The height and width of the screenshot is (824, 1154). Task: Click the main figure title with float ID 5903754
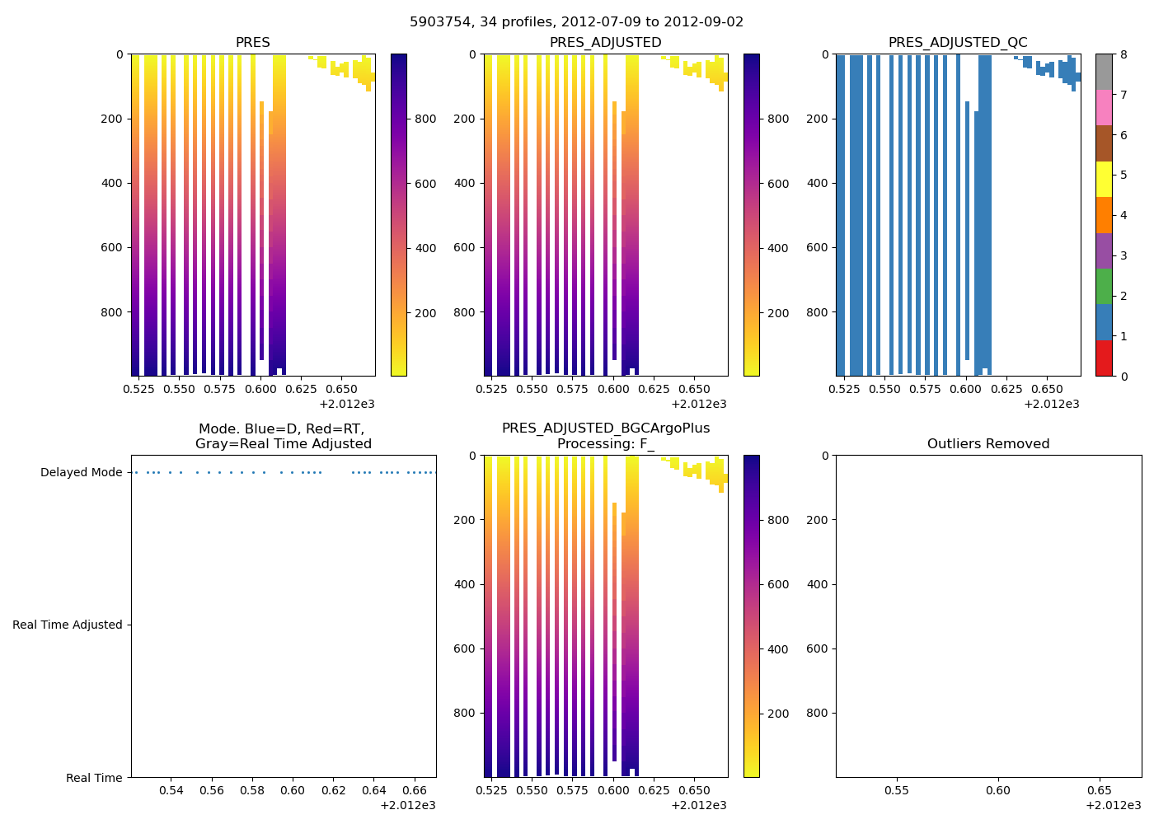click(576, 22)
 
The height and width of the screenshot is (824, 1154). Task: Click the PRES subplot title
click(252, 43)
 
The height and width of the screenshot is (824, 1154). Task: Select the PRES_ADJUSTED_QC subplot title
click(957, 43)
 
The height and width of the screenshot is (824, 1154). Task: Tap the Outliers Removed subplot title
click(987, 444)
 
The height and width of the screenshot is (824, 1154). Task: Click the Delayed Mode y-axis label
click(81, 473)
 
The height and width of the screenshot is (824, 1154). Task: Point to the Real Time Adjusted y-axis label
click(67, 625)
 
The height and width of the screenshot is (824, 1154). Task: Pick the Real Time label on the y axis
click(94, 778)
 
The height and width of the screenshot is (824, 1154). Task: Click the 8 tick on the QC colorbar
click(1123, 55)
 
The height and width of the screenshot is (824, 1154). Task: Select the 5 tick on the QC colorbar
click(1123, 176)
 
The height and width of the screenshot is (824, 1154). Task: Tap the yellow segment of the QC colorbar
click(1104, 179)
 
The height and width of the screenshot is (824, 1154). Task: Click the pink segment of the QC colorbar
click(1104, 107)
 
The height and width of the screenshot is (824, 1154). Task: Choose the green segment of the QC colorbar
click(1104, 286)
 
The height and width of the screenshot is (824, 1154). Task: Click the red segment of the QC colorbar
click(1104, 358)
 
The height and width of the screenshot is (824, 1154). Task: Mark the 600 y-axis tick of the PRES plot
click(113, 248)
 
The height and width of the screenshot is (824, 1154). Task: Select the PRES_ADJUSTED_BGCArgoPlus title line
click(605, 428)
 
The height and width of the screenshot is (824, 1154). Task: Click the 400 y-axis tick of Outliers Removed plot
click(818, 585)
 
